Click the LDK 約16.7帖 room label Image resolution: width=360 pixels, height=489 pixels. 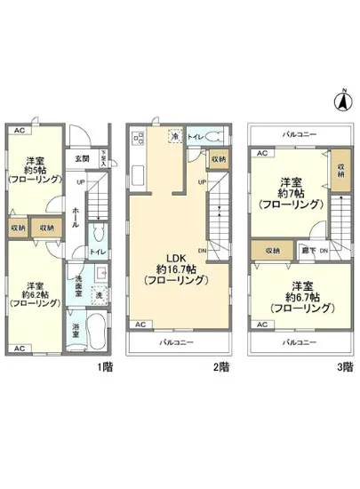click(x=177, y=268)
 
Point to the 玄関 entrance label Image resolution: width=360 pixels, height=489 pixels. click(x=82, y=159)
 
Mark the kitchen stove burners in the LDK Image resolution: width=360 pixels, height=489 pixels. click(x=137, y=139)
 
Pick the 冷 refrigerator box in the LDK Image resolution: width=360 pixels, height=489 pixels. click(x=176, y=136)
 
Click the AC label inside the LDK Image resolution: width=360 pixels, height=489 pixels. click(x=140, y=325)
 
